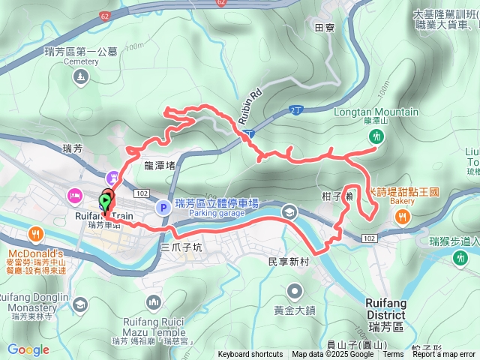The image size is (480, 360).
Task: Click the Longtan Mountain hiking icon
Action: pyautogui.click(x=376, y=136)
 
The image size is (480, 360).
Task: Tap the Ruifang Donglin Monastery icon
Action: pyautogui.click(x=80, y=304)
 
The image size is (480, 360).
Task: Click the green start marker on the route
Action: pyautogui.click(x=103, y=202)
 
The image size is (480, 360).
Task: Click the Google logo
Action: pyautogui.click(x=28, y=349)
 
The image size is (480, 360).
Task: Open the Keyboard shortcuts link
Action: pyautogui.click(x=250, y=355)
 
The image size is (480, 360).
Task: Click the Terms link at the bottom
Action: pyautogui.click(x=393, y=355)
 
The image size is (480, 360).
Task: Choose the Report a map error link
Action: pyautogui.click(x=443, y=355)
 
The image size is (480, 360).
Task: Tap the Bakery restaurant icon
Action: pyautogui.click(x=403, y=217)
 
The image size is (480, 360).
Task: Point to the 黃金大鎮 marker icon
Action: pyautogui.click(x=294, y=289)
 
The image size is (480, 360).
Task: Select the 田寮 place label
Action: pyautogui.click(x=324, y=28)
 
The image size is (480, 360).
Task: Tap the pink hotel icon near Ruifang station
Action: pyautogui.click(x=76, y=196)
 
